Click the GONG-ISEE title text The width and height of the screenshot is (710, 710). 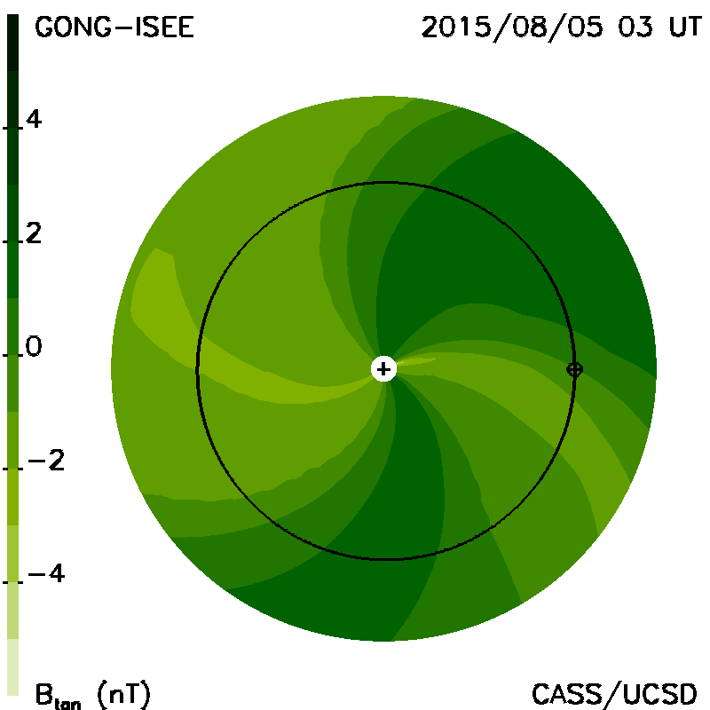click(114, 28)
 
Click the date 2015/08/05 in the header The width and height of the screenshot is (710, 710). click(512, 28)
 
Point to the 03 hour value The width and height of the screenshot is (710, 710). click(635, 28)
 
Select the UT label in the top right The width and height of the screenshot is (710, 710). click(684, 28)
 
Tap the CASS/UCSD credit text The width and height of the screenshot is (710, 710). click(614, 695)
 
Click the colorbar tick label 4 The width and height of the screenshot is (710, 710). click(34, 120)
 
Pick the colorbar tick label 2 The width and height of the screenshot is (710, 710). click(34, 233)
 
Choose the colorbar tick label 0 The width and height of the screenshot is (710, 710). click(34, 346)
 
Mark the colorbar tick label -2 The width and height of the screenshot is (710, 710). click(46, 461)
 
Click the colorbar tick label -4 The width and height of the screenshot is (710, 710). click(46, 573)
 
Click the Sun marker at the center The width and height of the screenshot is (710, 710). click(383, 369)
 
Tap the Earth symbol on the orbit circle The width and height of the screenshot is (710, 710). click(574, 370)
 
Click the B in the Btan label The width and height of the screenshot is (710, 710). click(43, 694)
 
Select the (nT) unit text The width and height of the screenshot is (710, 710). click(123, 694)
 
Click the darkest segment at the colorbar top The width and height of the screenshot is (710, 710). click(12, 43)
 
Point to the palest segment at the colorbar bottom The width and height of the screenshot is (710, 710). click(12, 667)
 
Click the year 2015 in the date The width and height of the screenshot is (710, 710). click(456, 28)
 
